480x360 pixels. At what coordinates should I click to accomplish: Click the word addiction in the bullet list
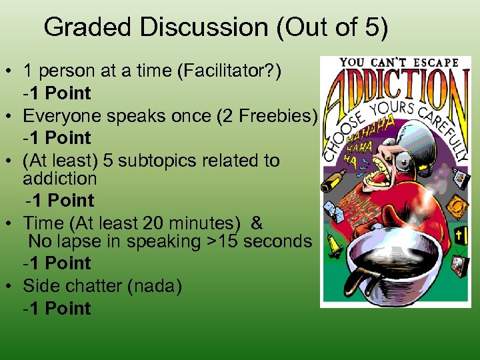click(60, 179)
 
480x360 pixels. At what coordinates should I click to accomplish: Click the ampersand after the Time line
click(257, 223)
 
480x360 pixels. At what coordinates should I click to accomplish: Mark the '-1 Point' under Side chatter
click(57, 308)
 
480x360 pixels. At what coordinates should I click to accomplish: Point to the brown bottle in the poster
click(337, 178)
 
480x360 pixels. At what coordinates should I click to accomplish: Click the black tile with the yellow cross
click(459, 235)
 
